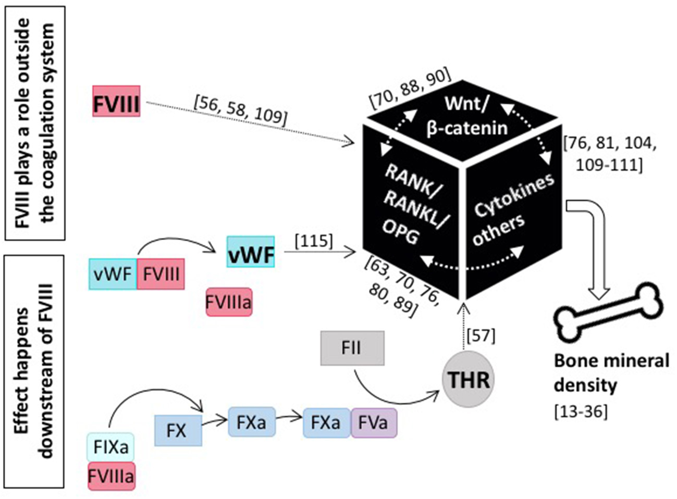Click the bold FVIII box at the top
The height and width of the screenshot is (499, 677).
pos(116,101)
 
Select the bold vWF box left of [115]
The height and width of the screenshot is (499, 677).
pos(251,252)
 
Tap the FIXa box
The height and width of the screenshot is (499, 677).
pos(111,447)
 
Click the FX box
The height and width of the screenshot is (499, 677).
pos(178,430)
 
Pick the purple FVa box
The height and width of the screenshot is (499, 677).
pos(374,422)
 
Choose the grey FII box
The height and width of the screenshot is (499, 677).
pos(352,348)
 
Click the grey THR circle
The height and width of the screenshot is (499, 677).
pos(469,380)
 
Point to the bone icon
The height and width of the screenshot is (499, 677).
pos(608,314)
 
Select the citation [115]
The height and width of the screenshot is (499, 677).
pos(313,241)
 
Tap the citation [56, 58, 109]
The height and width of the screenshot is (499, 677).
pos(240,110)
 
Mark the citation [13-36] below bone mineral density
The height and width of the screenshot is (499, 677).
pos(581,411)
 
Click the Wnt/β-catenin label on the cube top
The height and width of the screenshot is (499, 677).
pos(466,116)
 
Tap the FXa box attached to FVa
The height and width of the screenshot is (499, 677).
pos(327,422)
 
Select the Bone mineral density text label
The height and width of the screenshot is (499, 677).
pos(611,373)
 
